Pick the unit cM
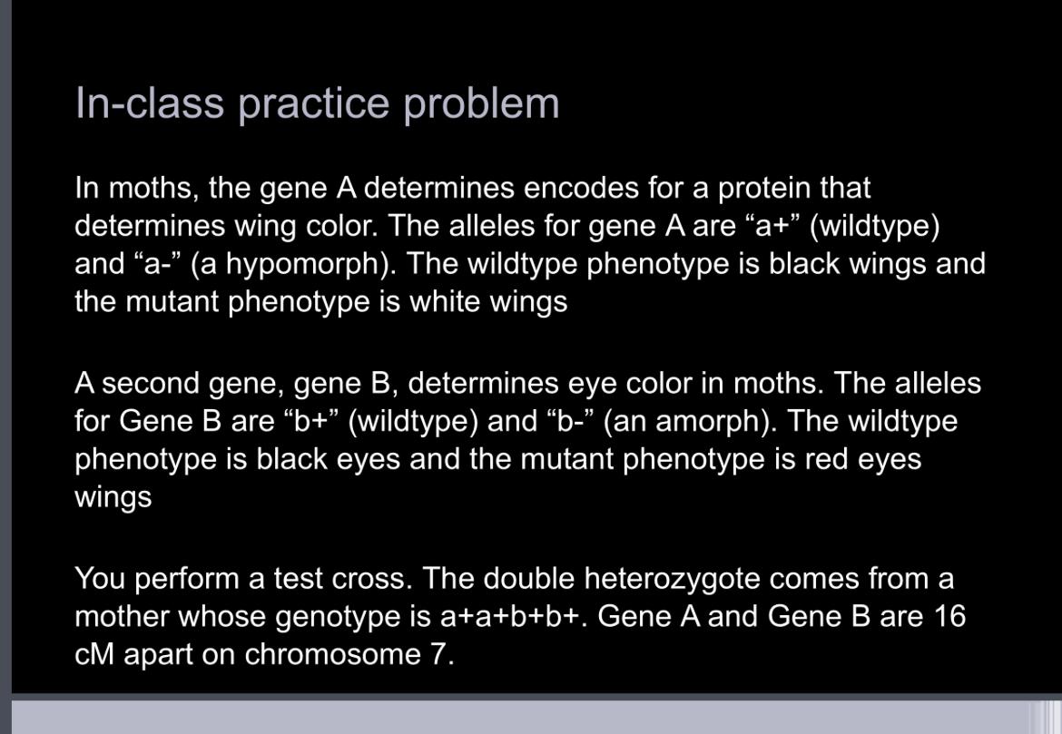click(x=93, y=654)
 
